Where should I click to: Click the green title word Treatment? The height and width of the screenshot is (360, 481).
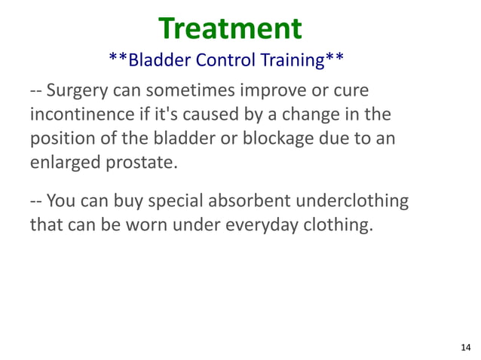(230, 28)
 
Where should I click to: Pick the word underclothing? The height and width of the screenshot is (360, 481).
(355, 202)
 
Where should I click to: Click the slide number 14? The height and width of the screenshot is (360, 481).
(465, 346)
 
